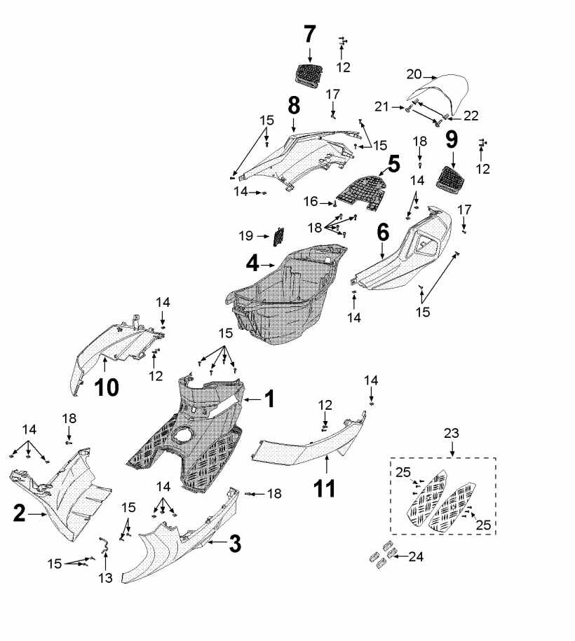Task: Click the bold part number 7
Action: pos(310,33)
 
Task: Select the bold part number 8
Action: pos(294,106)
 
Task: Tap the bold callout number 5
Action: pos(393,165)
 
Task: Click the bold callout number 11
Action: pos(323,488)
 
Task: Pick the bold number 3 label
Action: pos(236,542)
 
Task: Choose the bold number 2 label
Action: pos(20,515)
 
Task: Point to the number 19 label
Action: pos(246,236)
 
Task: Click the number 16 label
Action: pos(311,202)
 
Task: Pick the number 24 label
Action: pos(416,558)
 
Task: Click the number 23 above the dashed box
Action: pos(452,434)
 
